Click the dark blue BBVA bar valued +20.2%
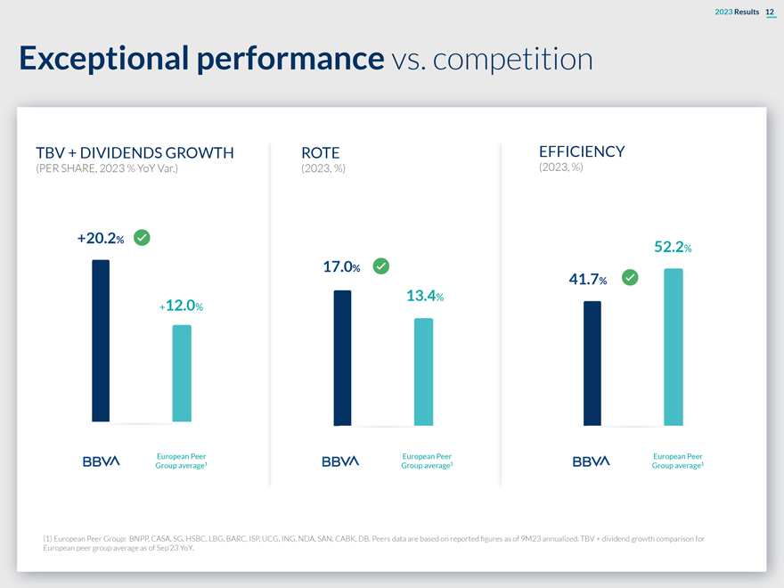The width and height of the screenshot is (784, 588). coord(101,340)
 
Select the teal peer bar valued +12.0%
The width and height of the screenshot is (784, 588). coord(182,373)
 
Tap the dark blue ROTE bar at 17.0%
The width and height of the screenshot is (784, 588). coord(342,357)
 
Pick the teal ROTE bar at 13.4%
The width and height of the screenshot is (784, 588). coord(423,372)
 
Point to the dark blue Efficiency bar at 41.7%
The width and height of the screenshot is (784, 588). coord(592,363)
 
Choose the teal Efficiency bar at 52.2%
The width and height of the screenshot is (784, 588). coord(674,347)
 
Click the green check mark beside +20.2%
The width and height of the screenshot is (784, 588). coord(141,238)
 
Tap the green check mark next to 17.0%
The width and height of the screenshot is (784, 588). coord(380,265)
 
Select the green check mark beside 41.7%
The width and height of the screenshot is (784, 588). coord(630,278)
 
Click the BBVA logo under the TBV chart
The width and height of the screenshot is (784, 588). coord(101,461)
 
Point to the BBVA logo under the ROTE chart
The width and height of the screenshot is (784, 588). coord(339,461)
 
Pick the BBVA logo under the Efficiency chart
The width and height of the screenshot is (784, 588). coord(591,461)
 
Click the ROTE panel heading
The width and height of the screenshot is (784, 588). coord(321,152)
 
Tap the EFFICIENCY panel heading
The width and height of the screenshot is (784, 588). coord(582,151)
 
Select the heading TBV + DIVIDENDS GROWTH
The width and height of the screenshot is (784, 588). coord(135,152)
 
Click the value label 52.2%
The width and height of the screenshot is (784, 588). coord(673,247)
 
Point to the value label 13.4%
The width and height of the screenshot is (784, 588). coord(424,296)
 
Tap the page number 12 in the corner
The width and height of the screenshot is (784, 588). coord(770,11)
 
